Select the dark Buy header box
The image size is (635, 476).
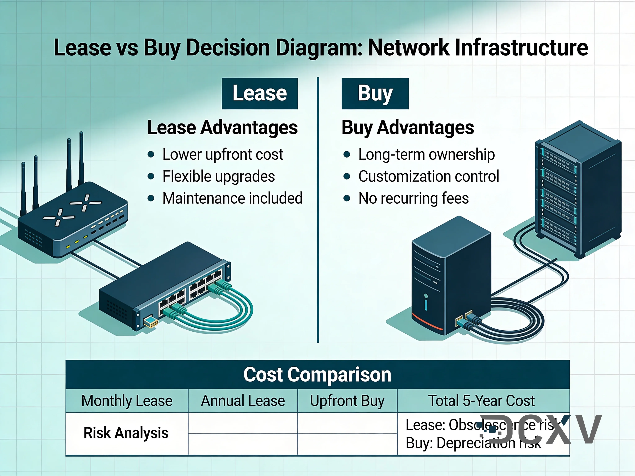coord(375,94)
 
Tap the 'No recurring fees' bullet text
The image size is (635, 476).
coord(413,198)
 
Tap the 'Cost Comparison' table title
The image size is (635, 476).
coord(317,374)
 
